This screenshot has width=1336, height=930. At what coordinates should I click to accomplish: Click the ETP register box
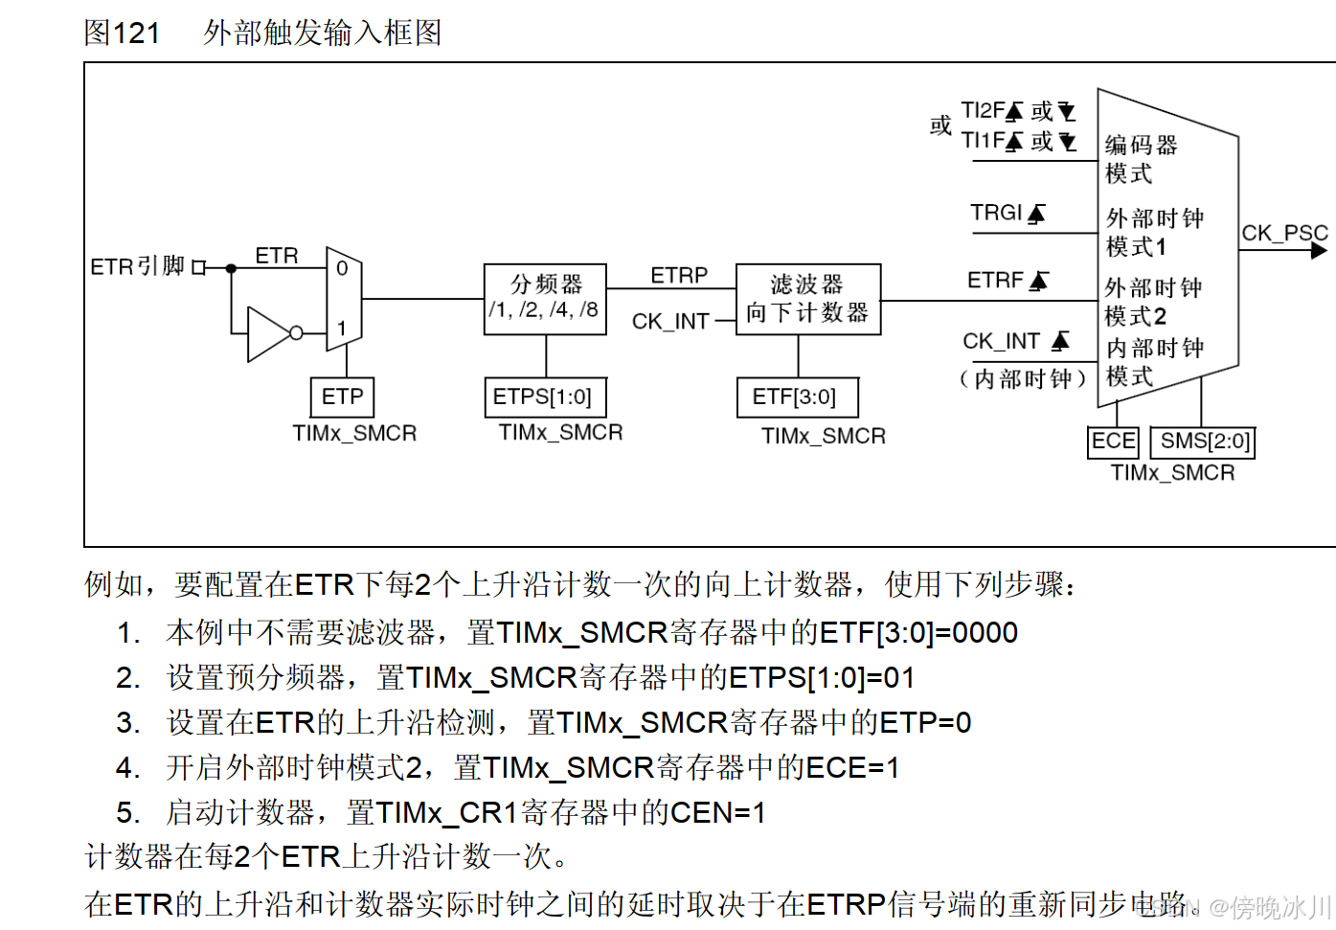[x=342, y=397]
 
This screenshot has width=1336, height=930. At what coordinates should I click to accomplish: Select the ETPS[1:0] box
[x=544, y=397]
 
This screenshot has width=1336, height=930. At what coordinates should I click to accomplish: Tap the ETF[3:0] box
[x=796, y=397]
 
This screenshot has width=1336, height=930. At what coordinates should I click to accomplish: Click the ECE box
[x=1114, y=442]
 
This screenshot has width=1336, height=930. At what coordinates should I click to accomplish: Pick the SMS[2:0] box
[x=1203, y=442]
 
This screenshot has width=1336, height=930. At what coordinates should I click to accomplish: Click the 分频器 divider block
[x=545, y=299]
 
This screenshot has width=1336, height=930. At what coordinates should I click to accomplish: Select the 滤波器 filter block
[x=807, y=299]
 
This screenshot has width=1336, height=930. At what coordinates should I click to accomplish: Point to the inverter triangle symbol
[x=269, y=333]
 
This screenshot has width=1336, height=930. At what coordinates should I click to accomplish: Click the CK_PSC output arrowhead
[x=1319, y=251]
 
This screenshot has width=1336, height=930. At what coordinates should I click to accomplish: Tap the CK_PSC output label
[x=1284, y=233]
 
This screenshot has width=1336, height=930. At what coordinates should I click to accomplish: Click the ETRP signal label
[x=679, y=276]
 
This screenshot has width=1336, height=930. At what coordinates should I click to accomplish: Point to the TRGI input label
[x=996, y=213]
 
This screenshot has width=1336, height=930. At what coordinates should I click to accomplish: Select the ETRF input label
[x=996, y=280]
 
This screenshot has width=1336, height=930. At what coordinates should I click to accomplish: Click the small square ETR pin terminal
[x=199, y=268]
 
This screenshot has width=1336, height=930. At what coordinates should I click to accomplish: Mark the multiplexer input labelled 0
[x=342, y=269]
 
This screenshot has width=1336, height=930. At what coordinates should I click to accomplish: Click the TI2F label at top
[x=983, y=111]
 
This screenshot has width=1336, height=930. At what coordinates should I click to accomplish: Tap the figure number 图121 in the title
[x=122, y=34]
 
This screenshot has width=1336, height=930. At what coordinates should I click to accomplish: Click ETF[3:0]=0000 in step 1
[x=917, y=633]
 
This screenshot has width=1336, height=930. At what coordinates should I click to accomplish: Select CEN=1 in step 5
[x=717, y=813]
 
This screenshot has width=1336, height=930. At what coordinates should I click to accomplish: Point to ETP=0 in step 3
[x=925, y=723]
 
